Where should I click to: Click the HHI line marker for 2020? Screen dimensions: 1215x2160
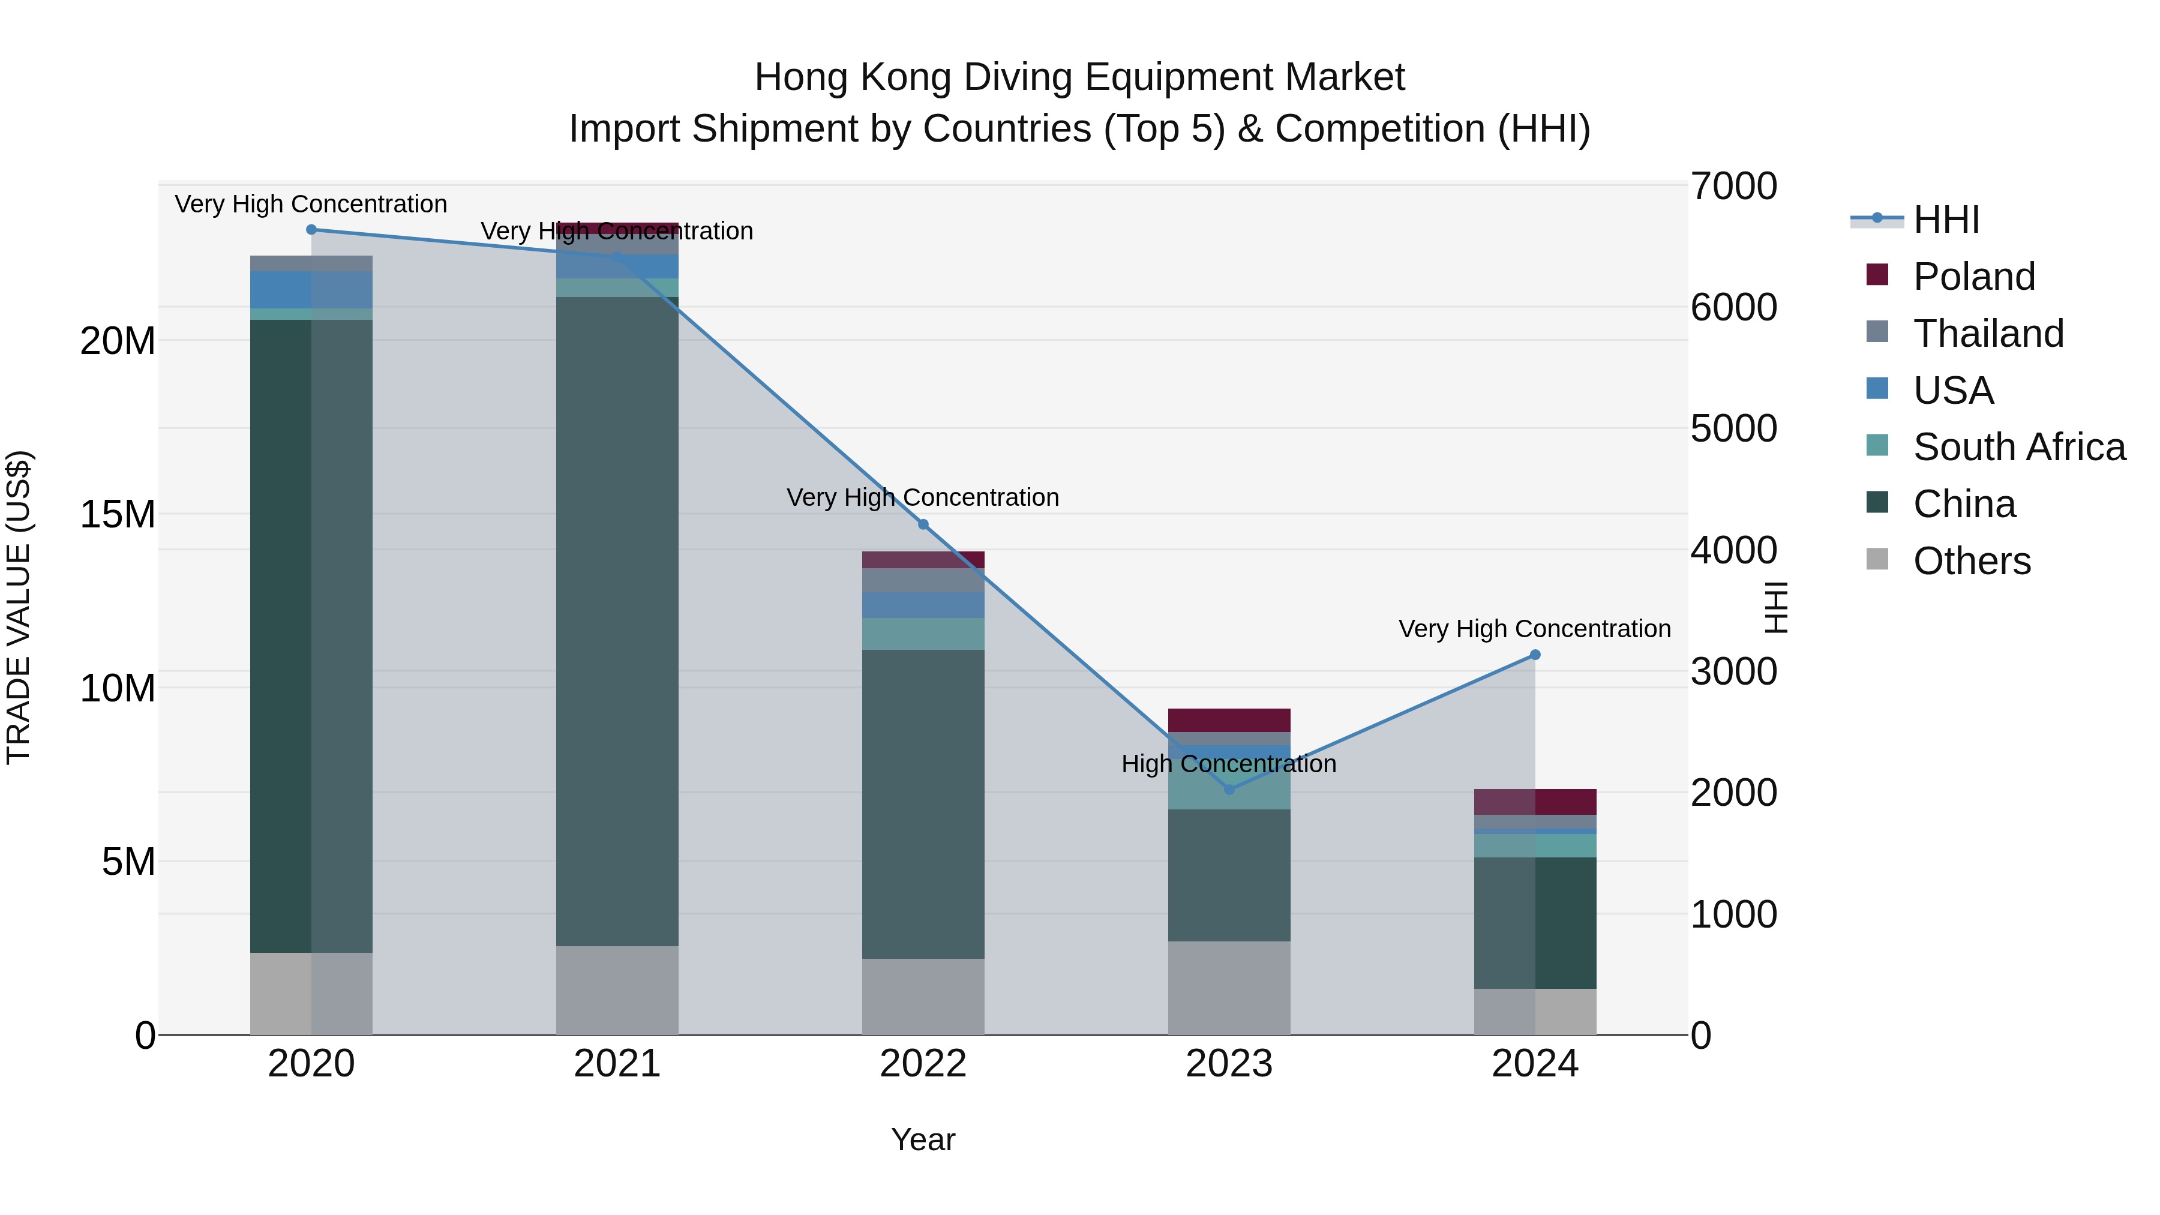(311, 230)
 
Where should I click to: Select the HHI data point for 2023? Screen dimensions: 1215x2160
(1229, 789)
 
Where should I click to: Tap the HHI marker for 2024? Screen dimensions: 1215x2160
(1535, 655)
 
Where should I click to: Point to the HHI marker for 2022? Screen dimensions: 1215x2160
(923, 525)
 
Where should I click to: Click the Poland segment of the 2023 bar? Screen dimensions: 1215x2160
(1229, 720)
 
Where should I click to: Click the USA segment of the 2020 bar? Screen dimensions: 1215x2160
(311, 290)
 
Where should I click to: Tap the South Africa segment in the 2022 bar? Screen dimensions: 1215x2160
(923, 634)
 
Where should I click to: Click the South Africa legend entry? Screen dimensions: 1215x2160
(2018, 447)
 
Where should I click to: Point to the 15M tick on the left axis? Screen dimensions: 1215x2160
(118, 515)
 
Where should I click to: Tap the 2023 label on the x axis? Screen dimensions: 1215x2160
(1229, 1064)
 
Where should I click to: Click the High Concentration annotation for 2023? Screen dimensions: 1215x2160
(1229, 764)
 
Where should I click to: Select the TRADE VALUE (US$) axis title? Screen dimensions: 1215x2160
(19, 607)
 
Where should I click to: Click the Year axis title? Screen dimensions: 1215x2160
(923, 1139)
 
